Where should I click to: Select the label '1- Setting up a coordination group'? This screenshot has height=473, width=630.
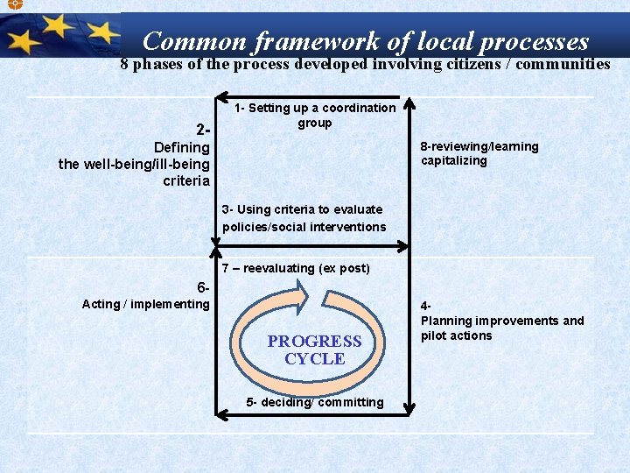tap(315, 115)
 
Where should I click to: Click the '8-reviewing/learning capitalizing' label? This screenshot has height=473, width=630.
tap(479, 153)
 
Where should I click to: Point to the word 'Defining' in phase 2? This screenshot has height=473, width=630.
tap(181, 147)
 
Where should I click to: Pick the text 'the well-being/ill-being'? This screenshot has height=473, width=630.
tap(134, 164)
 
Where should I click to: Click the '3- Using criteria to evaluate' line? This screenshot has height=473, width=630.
tap(303, 209)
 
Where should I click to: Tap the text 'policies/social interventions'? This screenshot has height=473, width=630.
tap(304, 227)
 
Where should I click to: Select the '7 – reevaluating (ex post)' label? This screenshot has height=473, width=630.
tap(296, 268)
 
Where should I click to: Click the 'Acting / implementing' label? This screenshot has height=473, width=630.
tap(145, 304)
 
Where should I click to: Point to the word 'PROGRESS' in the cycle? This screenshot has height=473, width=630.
tap(314, 342)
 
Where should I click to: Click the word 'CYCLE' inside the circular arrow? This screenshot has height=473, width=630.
tap(314, 359)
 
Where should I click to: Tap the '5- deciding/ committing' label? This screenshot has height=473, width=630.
tap(315, 402)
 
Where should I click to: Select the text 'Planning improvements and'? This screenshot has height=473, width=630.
tap(502, 321)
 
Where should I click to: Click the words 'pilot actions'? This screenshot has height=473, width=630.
tap(456, 335)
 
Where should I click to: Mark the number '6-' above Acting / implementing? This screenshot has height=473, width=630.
tap(203, 287)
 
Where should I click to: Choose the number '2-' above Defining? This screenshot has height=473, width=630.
tap(203, 131)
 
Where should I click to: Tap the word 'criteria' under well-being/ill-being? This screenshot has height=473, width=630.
tap(185, 180)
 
